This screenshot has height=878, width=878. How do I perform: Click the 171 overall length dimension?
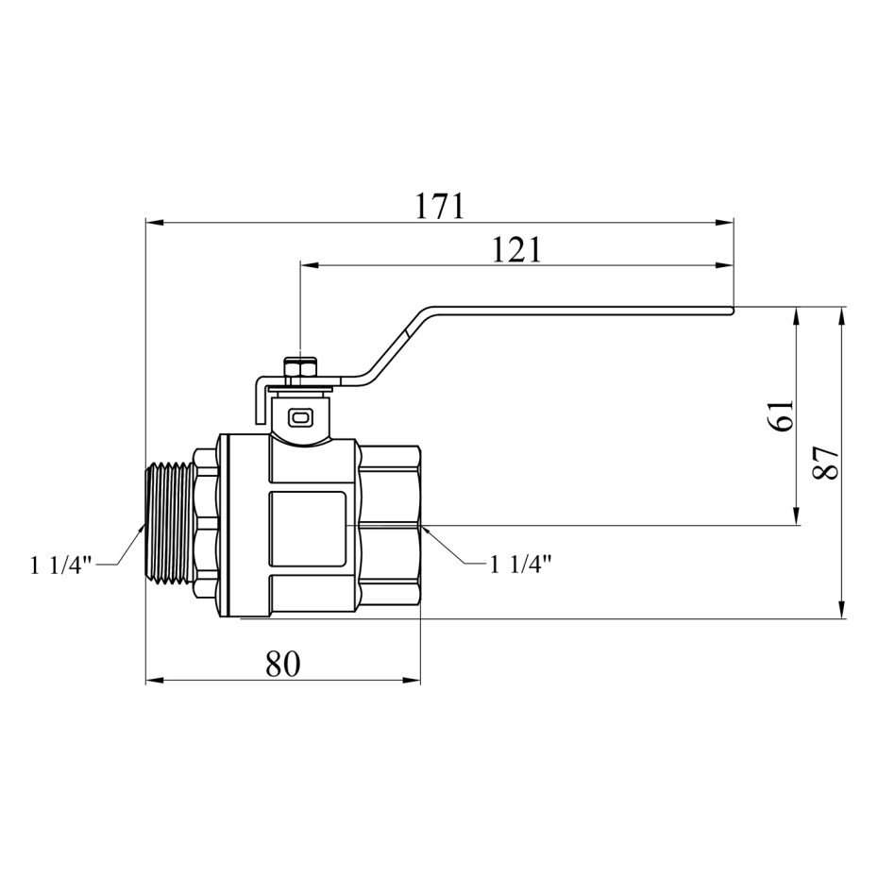pos(440,206)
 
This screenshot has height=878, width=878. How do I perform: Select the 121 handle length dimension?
pos(516,250)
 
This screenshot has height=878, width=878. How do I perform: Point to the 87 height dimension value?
pos(825,463)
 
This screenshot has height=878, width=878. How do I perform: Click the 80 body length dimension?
pos(283,664)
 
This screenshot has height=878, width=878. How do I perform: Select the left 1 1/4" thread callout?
pos(60,566)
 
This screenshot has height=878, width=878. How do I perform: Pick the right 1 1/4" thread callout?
pos(521,565)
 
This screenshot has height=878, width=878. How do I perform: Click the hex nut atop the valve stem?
pos(301,370)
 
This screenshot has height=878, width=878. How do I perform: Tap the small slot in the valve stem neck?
pos(300,416)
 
